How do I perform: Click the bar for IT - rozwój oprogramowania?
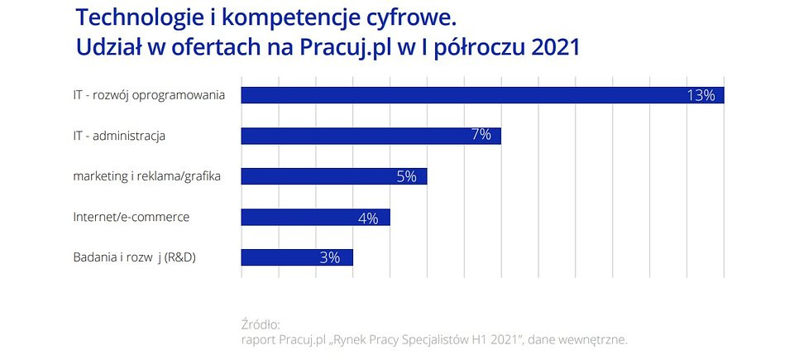tap(482, 95)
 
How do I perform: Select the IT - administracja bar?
tap(371, 136)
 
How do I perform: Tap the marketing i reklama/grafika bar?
tap(334, 176)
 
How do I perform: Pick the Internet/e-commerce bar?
tap(315, 217)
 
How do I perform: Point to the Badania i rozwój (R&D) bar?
tap(297, 257)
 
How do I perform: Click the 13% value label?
tap(701, 95)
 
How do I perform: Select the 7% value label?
tap(481, 136)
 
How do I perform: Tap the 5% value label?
tap(407, 176)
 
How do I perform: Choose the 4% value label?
tap(368, 218)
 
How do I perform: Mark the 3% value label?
tap(330, 257)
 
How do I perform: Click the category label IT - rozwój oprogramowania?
tap(149, 96)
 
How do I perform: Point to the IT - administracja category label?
tap(119, 136)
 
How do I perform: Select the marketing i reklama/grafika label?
tap(147, 177)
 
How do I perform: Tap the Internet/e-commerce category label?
tap(132, 217)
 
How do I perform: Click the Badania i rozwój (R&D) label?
tap(135, 257)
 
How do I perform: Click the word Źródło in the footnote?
tap(261, 324)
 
